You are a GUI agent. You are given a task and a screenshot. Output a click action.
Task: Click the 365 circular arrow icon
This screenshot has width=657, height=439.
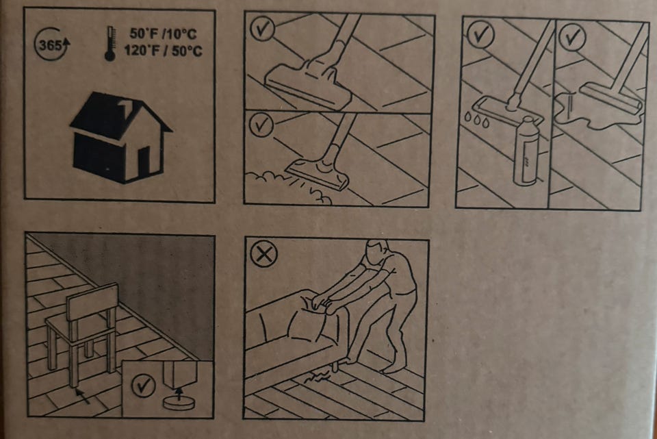point(51,44)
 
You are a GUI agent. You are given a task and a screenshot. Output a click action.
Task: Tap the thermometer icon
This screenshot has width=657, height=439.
point(110,44)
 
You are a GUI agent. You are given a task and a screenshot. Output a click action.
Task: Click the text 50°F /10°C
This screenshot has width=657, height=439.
point(163,34)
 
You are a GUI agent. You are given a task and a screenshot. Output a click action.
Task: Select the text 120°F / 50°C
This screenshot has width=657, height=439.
point(163,51)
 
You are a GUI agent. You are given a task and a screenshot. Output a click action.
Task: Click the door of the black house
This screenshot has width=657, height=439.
point(144,162)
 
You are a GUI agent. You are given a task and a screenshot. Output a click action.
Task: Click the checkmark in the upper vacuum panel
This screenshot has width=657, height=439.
point(262,28)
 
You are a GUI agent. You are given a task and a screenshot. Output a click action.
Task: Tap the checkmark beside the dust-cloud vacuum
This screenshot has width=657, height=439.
point(262,125)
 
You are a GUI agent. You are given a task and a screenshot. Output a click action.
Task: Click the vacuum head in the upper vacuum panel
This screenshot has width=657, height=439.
point(308,84)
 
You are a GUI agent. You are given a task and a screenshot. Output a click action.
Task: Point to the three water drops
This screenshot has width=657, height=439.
point(476,119)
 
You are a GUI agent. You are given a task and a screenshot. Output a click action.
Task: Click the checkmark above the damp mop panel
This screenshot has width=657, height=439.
point(480,34)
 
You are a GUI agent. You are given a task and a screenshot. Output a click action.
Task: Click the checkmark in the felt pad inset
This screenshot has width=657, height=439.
point(143,386)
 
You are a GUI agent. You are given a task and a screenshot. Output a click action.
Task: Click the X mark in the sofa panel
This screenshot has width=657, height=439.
point(264,254)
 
